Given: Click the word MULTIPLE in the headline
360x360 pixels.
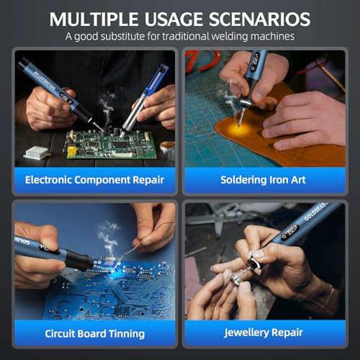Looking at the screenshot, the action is tap(94, 19).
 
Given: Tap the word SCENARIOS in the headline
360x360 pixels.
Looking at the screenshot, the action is tap(259, 19).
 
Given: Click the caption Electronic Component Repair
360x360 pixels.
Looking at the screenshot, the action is tap(94, 180).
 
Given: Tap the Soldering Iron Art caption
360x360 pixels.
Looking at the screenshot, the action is tap(263, 180).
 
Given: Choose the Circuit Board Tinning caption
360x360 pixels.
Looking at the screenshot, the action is tap(94, 333).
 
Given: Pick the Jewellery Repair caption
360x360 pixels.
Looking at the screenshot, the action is tap(263, 333).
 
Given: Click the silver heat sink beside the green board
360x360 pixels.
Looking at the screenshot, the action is tap(36, 152).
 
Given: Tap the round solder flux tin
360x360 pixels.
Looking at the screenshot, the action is tap(167, 147).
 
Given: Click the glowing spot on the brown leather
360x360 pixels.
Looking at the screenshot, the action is tap(238, 128).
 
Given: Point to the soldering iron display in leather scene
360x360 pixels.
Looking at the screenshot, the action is tap(255, 62).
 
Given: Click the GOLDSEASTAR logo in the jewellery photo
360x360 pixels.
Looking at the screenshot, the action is tap(315, 212).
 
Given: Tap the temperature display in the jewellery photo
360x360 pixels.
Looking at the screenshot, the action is tap(290, 233).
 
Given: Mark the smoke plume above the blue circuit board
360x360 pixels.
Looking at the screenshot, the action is tap(109, 240).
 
